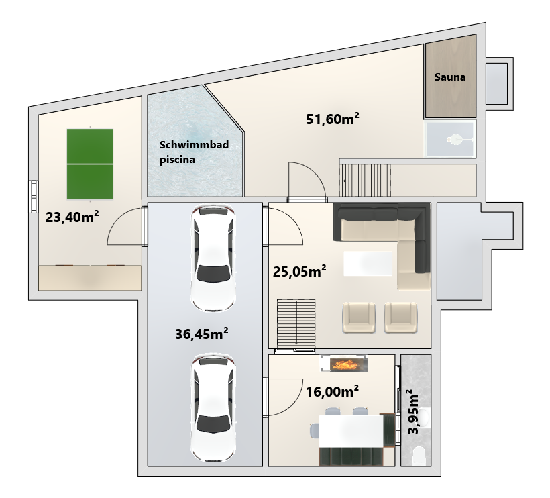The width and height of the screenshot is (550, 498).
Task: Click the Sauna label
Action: click(x=450, y=77)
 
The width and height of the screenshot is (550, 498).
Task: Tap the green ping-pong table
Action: click(x=90, y=164)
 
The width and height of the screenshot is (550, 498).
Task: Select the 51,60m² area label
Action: click(x=333, y=119)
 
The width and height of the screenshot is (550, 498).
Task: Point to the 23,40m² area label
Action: click(x=72, y=217)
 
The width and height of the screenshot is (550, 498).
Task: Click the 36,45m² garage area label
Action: click(x=202, y=334)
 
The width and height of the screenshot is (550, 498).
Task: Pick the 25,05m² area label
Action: click(x=300, y=271)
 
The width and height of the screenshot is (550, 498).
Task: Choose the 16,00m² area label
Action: click(x=333, y=391)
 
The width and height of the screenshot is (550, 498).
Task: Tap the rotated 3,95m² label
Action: click(x=413, y=411)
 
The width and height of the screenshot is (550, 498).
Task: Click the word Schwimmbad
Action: click(x=194, y=144)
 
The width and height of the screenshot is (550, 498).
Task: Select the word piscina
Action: click(x=177, y=160)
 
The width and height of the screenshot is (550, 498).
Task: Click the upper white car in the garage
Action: click(x=213, y=258)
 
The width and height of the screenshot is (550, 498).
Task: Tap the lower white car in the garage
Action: click(x=213, y=408)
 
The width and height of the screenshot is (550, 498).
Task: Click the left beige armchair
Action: click(x=359, y=317)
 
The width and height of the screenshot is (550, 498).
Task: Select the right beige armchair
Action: click(x=400, y=317)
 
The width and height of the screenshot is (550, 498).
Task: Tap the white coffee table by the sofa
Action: click(x=368, y=264)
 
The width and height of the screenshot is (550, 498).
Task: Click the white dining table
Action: click(x=351, y=431)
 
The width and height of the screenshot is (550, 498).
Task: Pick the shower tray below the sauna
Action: click(x=450, y=139)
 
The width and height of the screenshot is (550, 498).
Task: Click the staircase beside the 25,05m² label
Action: click(x=296, y=323)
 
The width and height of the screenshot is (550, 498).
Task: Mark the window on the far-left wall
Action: click(x=34, y=196)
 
